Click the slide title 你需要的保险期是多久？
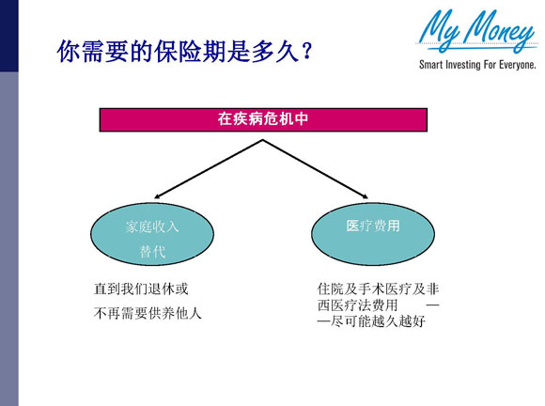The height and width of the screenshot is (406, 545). click(184, 51)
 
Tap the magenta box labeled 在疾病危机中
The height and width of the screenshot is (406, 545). click(263, 120)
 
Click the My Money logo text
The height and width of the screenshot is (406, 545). click(477, 32)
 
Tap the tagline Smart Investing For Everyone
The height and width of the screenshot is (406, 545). click(477, 67)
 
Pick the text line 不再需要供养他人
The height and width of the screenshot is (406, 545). click(148, 311)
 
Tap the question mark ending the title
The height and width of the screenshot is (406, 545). click(305, 51)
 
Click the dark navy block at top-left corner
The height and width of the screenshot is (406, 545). click(8, 35)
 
